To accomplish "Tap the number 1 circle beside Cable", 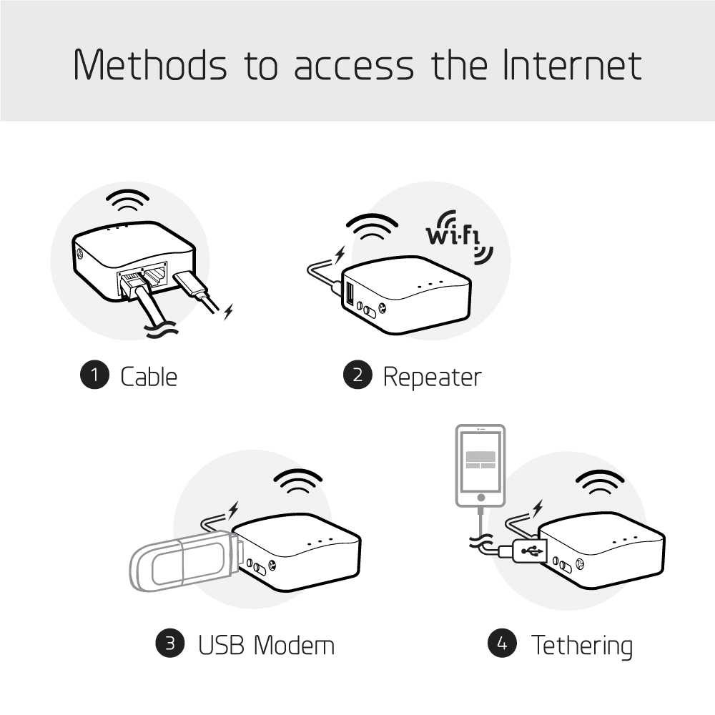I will tap(94, 375).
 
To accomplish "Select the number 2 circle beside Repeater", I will tap(357, 375).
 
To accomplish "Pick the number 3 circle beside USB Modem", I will tap(170, 643).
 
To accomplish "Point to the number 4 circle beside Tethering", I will tap(502, 643).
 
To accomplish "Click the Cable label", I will tap(149, 376).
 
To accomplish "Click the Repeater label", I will tap(433, 376).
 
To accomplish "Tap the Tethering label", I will tap(581, 645).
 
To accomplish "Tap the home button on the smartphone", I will tap(480, 496).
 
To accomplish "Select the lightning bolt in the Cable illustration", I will tap(229, 311).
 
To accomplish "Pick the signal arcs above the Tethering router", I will tap(598, 485).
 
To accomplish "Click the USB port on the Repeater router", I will tap(350, 294).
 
